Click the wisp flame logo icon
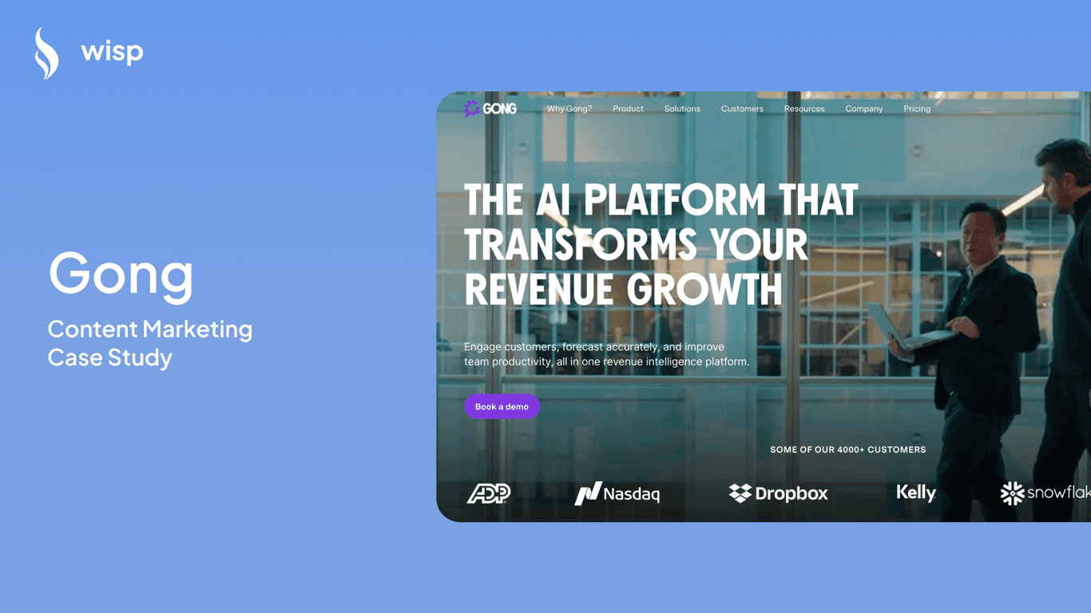pyautogui.click(x=46, y=53)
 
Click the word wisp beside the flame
pyautogui.click(x=112, y=53)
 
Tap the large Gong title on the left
pyautogui.click(x=121, y=273)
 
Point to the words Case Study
pyautogui.click(x=110, y=357)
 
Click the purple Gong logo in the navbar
pyautogui.click(x=490, y=109)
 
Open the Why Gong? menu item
pyautogui.click(x=569, y=109)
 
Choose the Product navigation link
pyautogui.click(x=628, y=109)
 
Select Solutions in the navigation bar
pyautogui.click(x=682, y=109)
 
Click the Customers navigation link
pyautogui.click(x=742, y=109)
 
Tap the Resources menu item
pyautogui.click(x=804, y=109)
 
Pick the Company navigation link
pyautogui.click(x=864, y=109)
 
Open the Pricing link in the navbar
pyautogui.click(x=917, y=109)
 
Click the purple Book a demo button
pyautogui.click(x=502, y=406)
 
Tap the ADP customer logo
pyautogui.click(x=489, y=493)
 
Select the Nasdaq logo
pyautogui.click(x=617, y=493)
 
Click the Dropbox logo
pyautogui.click(x=779, y=493)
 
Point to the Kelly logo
pyautogui.click(x=916, y=492)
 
